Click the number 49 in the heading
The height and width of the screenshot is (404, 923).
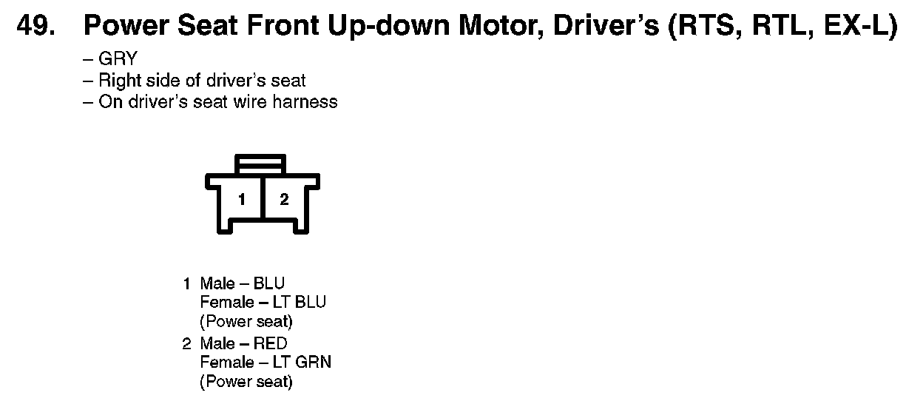pos(35,26)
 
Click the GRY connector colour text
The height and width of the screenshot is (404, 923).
pos(118,59)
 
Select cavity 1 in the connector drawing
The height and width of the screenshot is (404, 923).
pos(242,200)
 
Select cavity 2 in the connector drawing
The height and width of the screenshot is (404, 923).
pos(284,200)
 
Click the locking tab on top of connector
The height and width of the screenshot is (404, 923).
pos(260,164)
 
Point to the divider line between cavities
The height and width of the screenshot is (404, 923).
pos(263,198)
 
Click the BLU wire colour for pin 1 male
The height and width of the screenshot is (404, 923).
pos(269,283)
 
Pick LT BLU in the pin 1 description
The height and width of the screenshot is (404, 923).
pos(300,303)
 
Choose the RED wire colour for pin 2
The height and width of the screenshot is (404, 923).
pos(270,343)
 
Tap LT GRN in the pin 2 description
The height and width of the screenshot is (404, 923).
pos(302,363)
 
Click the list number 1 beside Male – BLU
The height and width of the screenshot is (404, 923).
pos(187,284)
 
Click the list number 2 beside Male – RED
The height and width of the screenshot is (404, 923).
pos(186,344)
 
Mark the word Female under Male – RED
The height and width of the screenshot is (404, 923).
pos(227,363)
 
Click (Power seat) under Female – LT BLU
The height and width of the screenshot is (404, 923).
pos(246,322)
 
